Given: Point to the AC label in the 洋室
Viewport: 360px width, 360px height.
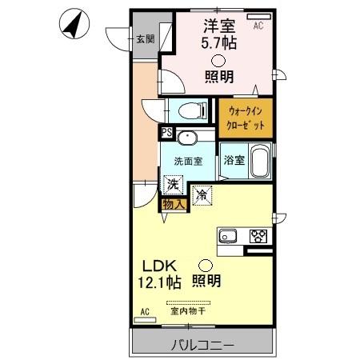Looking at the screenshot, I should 258,26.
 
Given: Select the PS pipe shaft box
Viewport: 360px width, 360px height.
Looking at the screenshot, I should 166,134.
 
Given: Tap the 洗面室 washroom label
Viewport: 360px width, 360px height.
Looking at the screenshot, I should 187,161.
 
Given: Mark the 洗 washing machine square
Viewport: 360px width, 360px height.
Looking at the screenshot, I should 172,185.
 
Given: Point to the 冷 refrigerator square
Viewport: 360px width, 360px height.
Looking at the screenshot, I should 202,194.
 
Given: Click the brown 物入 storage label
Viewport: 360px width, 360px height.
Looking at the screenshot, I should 174,204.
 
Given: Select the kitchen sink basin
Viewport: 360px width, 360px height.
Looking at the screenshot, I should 227,236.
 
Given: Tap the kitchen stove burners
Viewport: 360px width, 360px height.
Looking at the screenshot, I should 258,236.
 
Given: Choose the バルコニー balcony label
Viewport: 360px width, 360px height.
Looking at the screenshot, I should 202,346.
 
